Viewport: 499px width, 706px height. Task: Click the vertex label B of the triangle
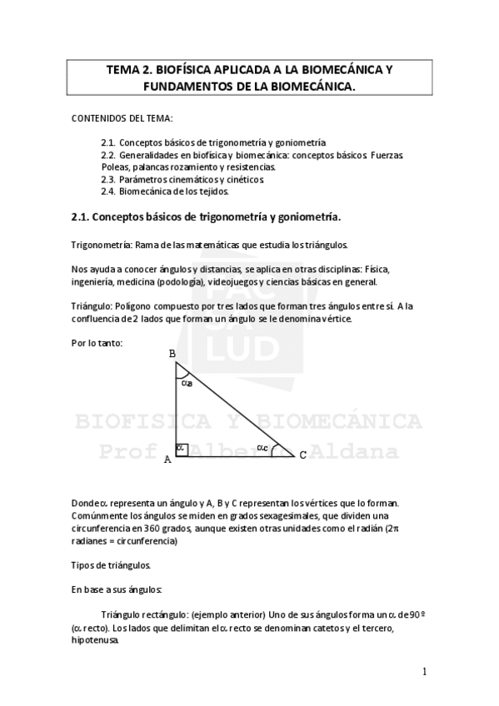pyautogui.click(x=172, y=354)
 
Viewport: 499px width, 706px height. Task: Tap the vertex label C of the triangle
pyautogui.click(x=302, y=454)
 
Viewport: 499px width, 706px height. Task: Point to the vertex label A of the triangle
pyautogui.click(x=167, y=459)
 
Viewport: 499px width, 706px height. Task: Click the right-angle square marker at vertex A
pyautogui.click(x=181, y=449)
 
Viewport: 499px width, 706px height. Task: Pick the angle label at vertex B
pyautogui.click(x=187, y=383)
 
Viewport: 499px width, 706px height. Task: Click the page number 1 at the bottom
pyautogui.click(x=424, y=671)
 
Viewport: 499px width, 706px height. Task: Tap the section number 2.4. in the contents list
pyautogui.click(x=108, y=191)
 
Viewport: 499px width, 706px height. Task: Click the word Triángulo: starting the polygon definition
pyautogui.click(x=92, y=306)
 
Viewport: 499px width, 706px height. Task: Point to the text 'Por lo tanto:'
pyautogui.click(x=97, y=343)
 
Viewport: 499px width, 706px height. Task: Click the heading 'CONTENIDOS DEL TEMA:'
pyautogui.click(x=122, y=119)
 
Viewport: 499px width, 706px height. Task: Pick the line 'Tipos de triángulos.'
pyautogui.click(x=111, y=565)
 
